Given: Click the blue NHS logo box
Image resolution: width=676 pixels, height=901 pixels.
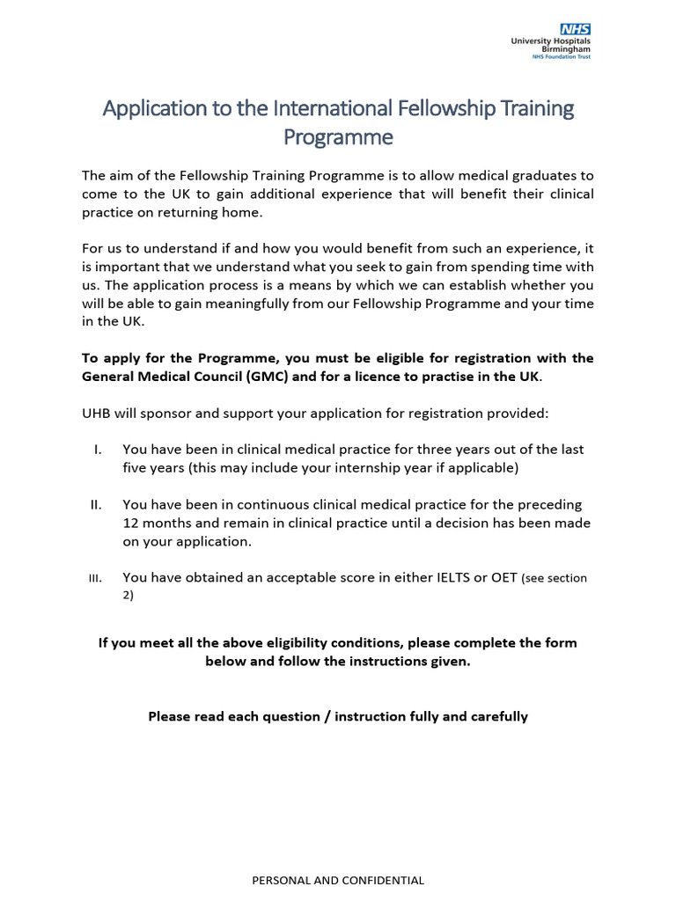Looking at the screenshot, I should click(x=576, y=29).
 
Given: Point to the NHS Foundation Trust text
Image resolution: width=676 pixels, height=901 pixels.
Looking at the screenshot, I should click(x=562, y=57).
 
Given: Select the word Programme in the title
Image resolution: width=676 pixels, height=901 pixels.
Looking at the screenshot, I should click(x=338, y=138).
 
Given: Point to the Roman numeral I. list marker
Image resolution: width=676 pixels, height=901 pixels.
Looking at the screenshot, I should click(x=97, y=450).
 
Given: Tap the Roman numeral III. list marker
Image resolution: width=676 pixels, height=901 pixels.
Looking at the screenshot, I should click(x=96, y=579).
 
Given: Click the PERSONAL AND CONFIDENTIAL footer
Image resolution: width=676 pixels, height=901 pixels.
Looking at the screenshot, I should click(x=338, y=880).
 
